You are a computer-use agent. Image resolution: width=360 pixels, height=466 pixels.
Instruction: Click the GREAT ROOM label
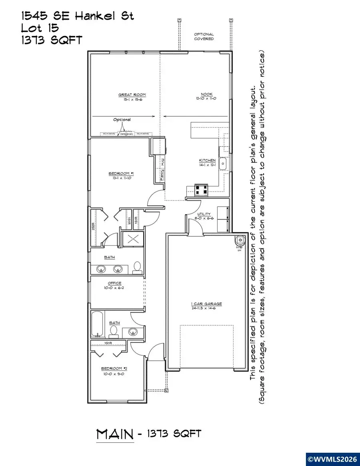[x=132, y=95]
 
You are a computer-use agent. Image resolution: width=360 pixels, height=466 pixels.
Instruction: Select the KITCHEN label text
[x=208, y=160]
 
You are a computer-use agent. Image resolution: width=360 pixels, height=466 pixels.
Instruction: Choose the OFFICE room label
[x=114, y=283]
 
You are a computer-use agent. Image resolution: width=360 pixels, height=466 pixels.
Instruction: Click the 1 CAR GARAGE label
[x=206, y=304]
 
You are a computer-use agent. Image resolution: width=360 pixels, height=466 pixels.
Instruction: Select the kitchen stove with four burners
[x=201, y=190]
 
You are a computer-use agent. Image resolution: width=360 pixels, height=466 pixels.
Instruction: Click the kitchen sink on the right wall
[x=224, y=164]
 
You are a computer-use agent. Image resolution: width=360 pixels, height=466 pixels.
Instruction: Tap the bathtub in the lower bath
[x=97, y=324]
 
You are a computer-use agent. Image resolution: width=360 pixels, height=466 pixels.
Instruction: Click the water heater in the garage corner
[x=239, y=240]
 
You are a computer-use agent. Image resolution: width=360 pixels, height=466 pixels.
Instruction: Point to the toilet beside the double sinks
[x=137, y=267]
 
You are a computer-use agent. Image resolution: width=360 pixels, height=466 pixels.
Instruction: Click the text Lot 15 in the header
[x=40, y=28]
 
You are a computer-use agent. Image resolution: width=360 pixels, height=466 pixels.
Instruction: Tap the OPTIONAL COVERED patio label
[x=204, y=36]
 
